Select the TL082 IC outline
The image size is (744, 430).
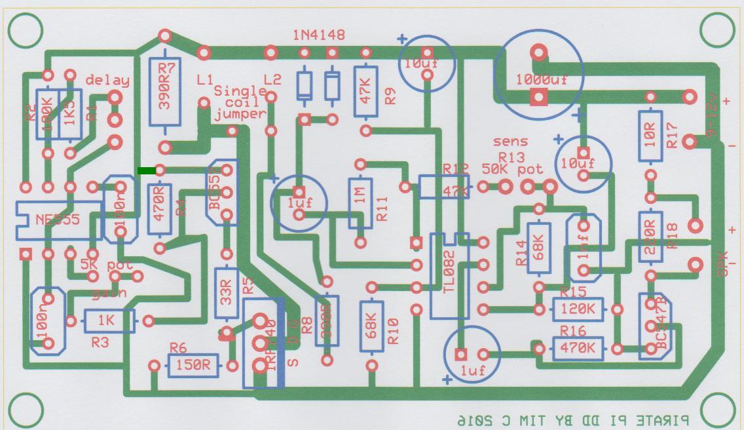(x=449, y=275)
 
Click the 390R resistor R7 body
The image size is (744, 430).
(x=165, y=92)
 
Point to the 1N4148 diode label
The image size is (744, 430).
(x=319, y=35)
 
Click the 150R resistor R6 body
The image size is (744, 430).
(x=194, y=366)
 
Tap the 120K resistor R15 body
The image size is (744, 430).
(x=578, y=309)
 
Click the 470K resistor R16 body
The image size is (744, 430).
(x=578, y=349)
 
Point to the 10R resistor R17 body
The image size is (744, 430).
(x=650, y=136)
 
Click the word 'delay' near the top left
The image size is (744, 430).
(x=107, y=81)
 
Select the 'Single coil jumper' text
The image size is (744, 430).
(x=240, y=102)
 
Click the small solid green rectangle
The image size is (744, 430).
(x=147, y=171)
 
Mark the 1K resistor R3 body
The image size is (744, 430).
(x=109, y=321)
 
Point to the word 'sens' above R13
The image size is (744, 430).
(x=510, y=142)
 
